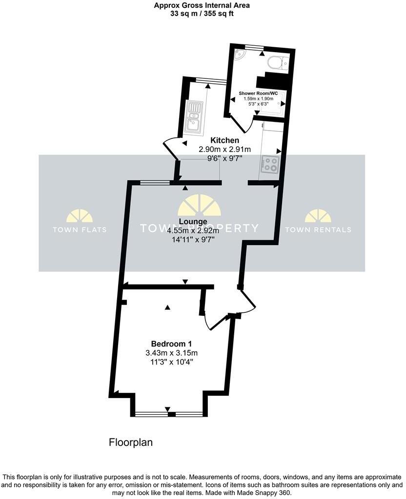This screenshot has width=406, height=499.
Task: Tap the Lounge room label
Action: (193, 222)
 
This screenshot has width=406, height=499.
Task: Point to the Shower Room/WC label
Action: (258, 93)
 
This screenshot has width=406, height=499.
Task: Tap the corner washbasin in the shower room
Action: (239, 54)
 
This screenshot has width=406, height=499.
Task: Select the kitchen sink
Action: (195, 117)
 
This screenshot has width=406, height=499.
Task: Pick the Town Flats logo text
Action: (79, 230)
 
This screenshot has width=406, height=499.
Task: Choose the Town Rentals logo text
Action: (318, 230)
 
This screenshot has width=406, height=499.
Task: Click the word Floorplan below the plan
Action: (130, 442)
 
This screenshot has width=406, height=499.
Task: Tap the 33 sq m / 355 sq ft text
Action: (202, 14)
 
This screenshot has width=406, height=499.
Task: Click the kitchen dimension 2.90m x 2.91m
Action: (224, 149)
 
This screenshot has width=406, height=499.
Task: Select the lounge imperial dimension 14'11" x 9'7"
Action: (193, 240)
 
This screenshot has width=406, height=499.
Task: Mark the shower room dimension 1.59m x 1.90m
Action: (258, 99)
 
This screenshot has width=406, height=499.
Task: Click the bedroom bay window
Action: (168, 414)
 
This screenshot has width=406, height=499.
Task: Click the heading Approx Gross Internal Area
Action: (202, 6)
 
